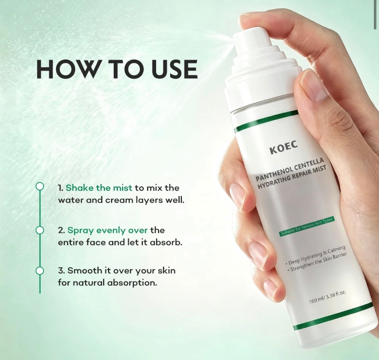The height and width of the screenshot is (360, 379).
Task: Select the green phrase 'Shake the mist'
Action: point(99,188)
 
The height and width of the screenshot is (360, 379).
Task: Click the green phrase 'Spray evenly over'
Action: point(108,231)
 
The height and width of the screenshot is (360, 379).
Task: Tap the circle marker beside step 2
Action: point(40,230)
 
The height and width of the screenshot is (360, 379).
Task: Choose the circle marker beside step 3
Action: point(40,271)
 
